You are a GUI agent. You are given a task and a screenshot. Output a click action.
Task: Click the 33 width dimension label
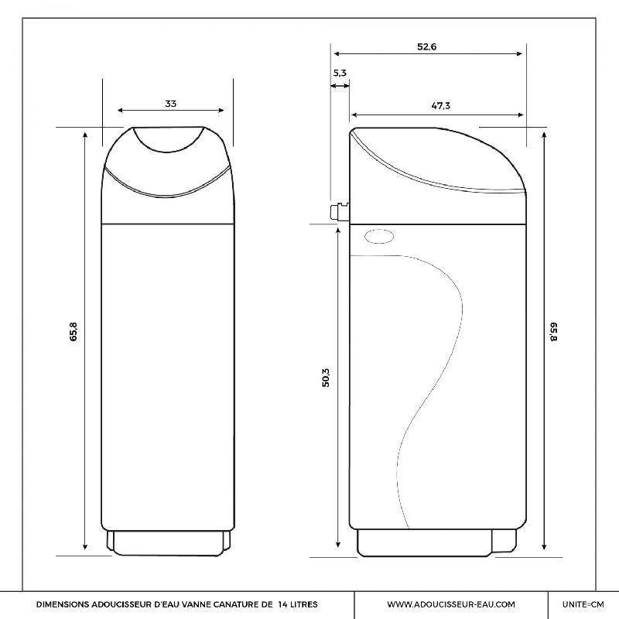click(170, 104)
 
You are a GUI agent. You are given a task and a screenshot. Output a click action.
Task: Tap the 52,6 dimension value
click(427, 47)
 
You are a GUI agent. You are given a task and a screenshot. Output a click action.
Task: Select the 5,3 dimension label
click(340, 73)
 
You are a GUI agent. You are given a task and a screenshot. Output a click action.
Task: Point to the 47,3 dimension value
click(440, 106)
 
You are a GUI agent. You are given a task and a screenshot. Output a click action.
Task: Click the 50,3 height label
click(326, 378)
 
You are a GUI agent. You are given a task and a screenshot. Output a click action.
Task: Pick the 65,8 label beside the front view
click(74, 332)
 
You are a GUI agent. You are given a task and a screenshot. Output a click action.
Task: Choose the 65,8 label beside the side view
click(553, 332)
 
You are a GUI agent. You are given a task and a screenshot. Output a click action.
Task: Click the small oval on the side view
click(379, 237)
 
